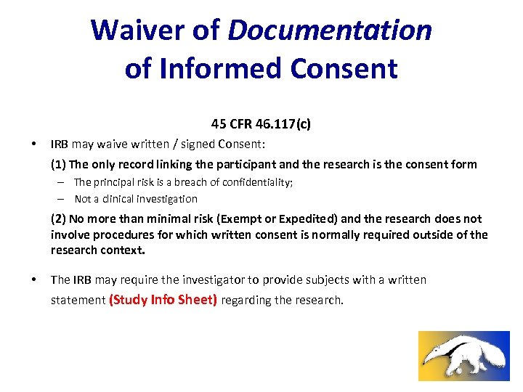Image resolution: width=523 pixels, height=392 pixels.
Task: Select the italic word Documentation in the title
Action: click(x=330, y=30)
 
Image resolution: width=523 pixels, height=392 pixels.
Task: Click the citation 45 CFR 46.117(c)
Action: click(x=261, y=124)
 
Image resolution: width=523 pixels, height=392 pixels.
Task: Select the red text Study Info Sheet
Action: click(x=163, y=300)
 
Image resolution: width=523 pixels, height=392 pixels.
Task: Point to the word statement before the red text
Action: click(x=78, y=301)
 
